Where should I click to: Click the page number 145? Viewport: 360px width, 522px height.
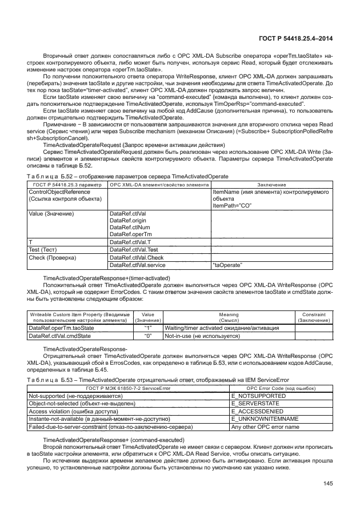pos(327,484)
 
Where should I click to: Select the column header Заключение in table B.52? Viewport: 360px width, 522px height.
pos(271,185)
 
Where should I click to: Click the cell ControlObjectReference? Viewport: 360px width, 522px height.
pos(55,193)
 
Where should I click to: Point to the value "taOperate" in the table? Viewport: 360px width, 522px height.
pos(227,265)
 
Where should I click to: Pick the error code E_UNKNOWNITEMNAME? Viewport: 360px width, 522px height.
pos(262,419)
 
